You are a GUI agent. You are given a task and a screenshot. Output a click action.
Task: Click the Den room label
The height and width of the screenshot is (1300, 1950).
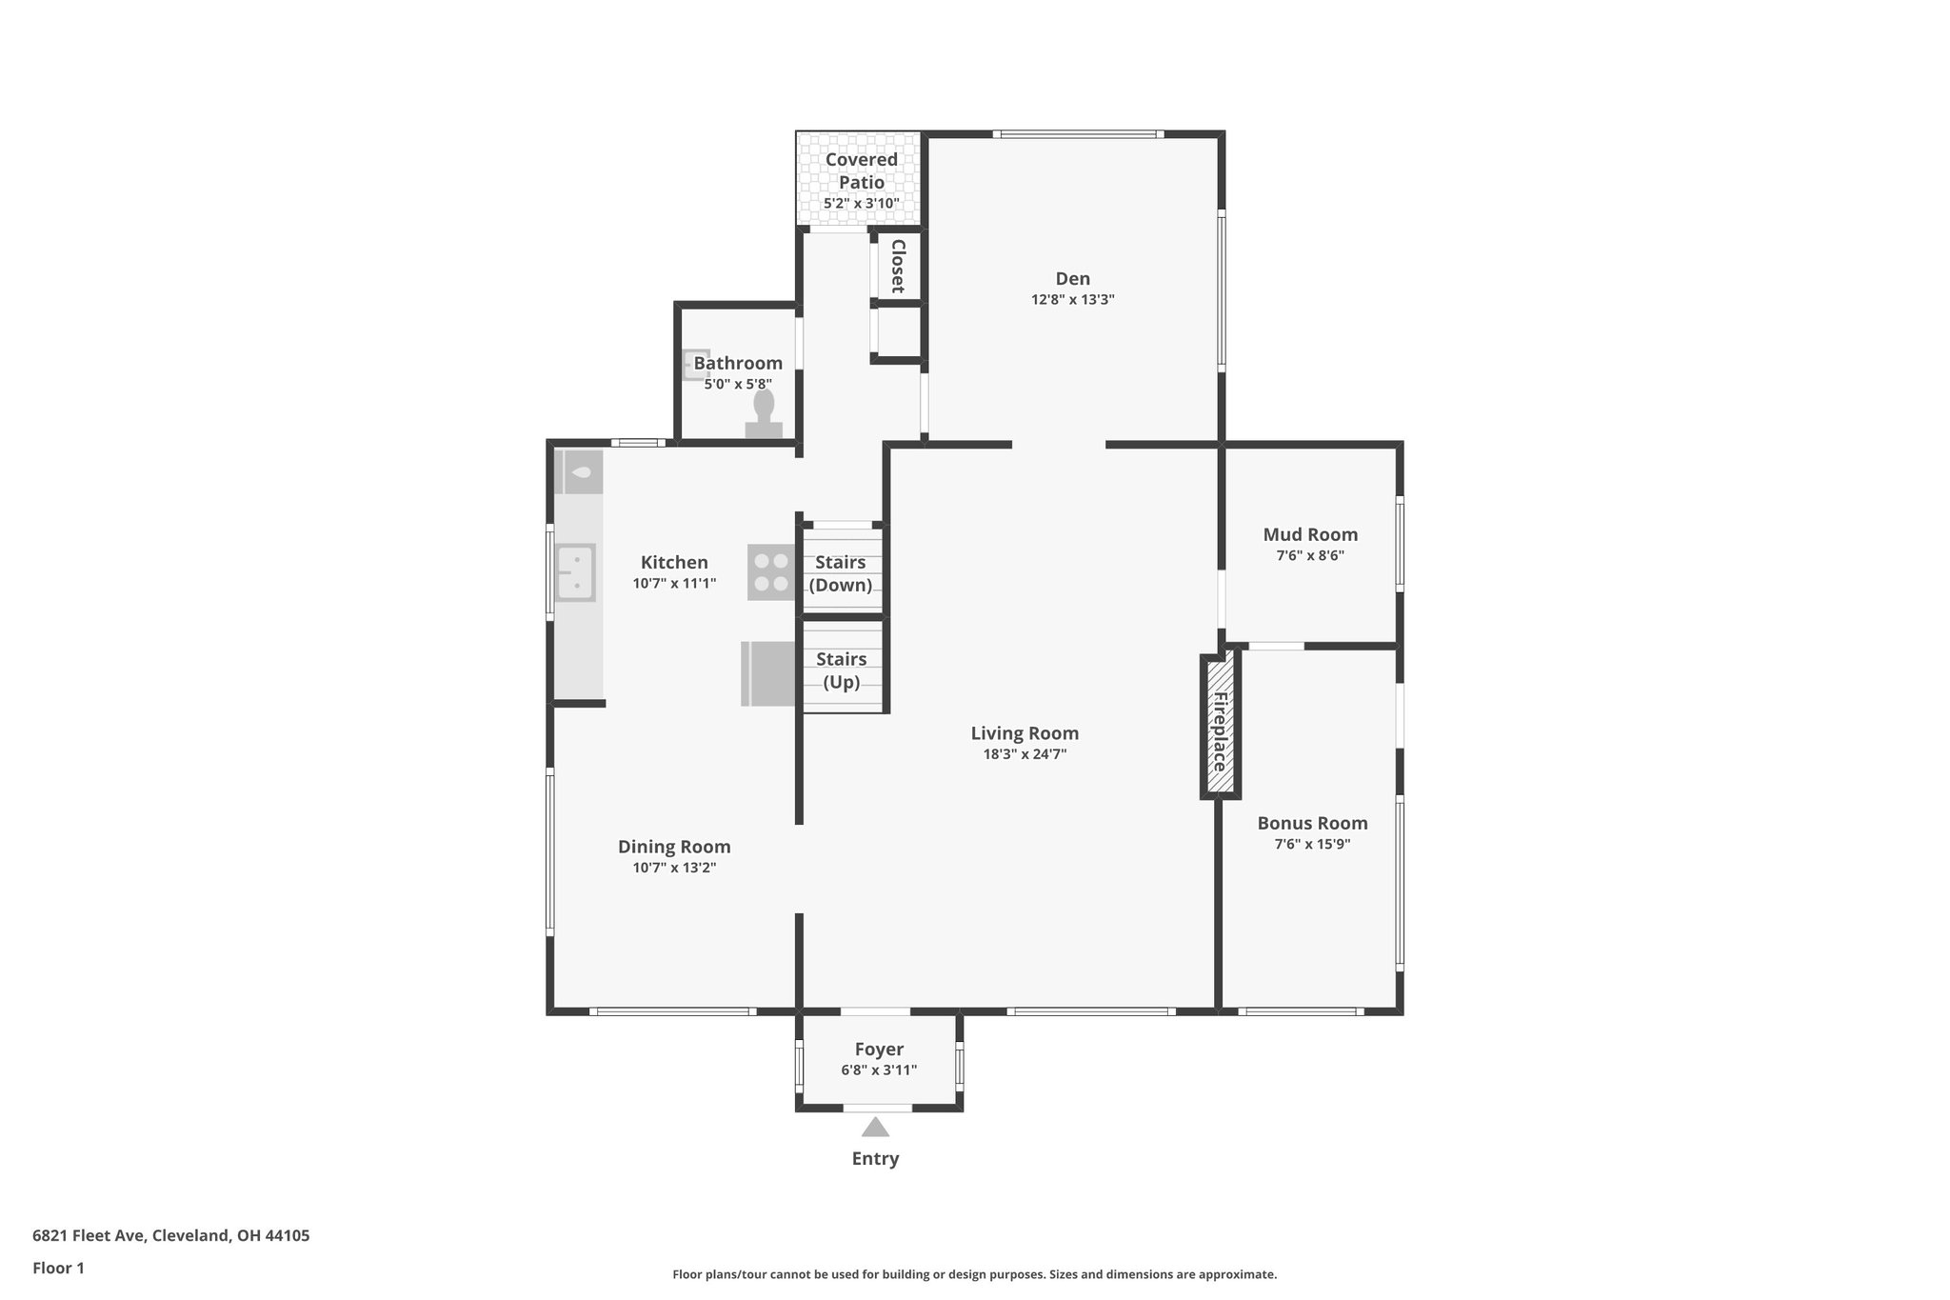(x=1072, y=279)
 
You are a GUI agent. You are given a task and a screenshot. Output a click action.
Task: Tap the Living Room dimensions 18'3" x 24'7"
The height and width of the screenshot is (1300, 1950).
(x=1025, y=754)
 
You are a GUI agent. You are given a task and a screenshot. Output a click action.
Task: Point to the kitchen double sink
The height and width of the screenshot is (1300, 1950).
(x=575, y=572)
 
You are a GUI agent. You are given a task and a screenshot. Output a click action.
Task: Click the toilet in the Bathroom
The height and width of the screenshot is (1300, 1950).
(x=764, y=415)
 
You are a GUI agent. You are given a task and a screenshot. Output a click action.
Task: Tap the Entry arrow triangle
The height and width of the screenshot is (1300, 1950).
(x=875, y=1128)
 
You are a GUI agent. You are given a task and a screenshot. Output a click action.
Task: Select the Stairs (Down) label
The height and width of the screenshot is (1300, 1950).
(x=841, y=573)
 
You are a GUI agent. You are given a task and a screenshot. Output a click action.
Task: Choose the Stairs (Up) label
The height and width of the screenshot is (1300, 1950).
(x=842, y=670)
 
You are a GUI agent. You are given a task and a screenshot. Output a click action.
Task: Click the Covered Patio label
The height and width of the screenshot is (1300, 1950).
(x=861, y=170)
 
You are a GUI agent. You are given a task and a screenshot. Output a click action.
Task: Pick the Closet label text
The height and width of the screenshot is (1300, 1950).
(x=897, y=266)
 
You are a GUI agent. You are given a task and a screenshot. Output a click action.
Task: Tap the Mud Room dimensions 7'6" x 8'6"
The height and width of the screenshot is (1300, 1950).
(x=1310, y=556)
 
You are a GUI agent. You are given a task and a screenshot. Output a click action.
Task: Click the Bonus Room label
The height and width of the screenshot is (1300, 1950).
(x=1312, y=823)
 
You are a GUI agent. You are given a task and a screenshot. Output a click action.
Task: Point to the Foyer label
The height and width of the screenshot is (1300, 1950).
(x=879, y=1050)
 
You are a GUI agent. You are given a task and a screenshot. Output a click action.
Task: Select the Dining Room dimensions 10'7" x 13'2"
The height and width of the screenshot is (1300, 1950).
(x=674, y=868)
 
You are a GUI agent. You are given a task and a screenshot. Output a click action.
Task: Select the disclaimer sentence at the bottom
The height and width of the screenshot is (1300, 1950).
(x=974, y=1274)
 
